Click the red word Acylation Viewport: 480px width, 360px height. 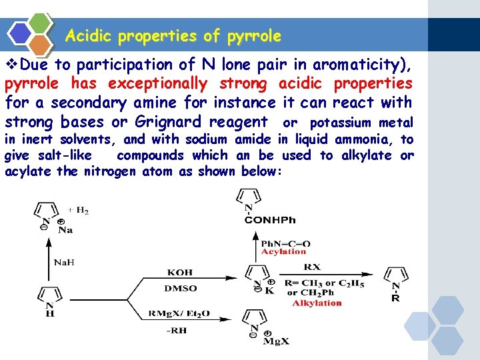tap(283, 252)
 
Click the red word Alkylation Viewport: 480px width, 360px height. tap(317, 303)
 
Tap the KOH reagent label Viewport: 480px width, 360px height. tap(180, 272)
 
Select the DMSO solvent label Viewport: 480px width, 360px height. tap(180, 289)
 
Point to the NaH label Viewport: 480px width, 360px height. tap(64, 262)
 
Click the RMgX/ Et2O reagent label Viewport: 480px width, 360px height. tap(181, 312)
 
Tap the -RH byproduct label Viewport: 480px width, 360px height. tap(177, 330)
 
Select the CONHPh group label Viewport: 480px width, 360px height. tap(269, 220)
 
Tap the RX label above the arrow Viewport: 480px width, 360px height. tap(312, 267)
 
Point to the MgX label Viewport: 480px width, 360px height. tap(275, 342)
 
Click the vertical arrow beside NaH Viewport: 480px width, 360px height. tap(48, 260)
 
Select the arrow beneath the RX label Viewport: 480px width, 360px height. tap(327, 274)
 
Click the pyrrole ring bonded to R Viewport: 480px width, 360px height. tap(396, 276)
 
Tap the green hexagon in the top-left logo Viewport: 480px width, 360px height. tap(41, 22)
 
